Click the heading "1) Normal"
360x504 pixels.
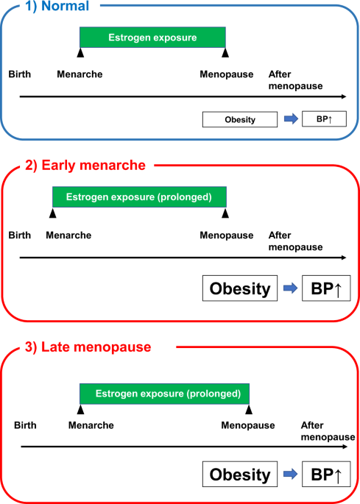coord(57,7)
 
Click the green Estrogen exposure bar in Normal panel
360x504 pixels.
coord(152,38)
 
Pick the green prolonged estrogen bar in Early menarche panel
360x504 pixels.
coord(139,197)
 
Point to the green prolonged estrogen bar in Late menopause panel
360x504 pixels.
coord(164,393)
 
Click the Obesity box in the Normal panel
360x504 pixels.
coord(240,119)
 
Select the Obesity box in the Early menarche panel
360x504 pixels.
coord(240,288)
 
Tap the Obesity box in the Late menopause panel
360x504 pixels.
coord(240,475)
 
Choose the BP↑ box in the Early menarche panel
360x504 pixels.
coord(322,288)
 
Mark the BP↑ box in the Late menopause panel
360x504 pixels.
coord(322,475)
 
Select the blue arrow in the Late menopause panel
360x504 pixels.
coord(289,475)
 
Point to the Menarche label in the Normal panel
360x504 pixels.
coord(80,74)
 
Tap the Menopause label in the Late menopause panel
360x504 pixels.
coord(248,425)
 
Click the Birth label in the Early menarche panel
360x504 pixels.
coord(19,235)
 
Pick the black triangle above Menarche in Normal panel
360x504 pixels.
coord(80,53)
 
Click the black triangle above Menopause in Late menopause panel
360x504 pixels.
coord(249,408)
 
